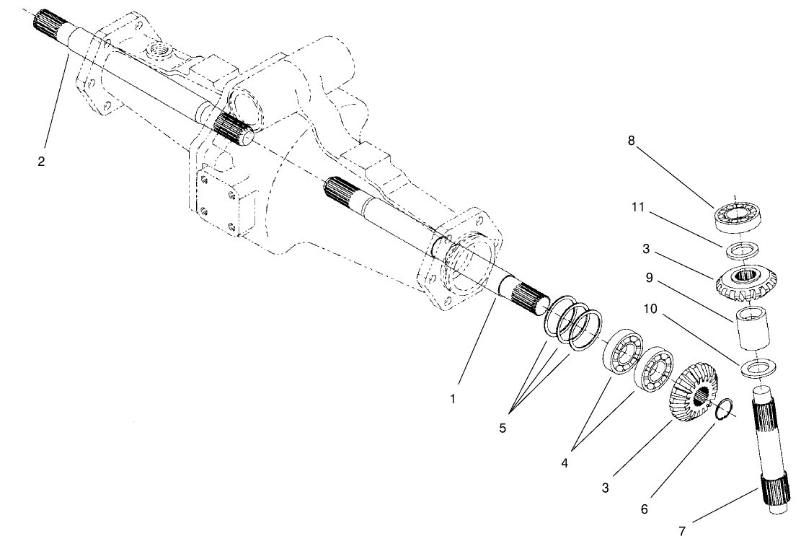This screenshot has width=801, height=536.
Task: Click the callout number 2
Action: (x=41, y=162)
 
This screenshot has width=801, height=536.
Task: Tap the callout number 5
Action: (x=503, y=428)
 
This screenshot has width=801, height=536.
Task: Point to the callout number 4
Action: (x=565, y=462)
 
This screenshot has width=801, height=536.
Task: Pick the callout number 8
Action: (x=632, y=141)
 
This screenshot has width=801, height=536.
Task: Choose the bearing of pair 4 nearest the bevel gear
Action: (x=652, y=369)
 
